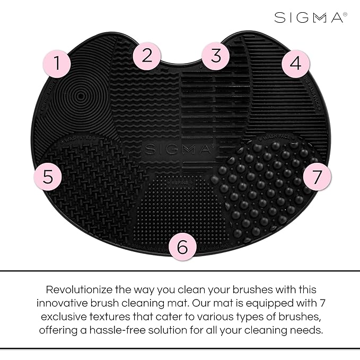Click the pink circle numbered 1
[56, 65]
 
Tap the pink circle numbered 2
[147, 57]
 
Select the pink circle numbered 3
[215, 56]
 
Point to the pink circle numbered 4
[295, 64]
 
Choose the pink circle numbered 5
[48, 177]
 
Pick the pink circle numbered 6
[182, 247]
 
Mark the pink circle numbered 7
[317, 177]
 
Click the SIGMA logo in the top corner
[308, 18]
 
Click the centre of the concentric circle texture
[80, 97]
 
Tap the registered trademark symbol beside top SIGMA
[345, 14]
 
